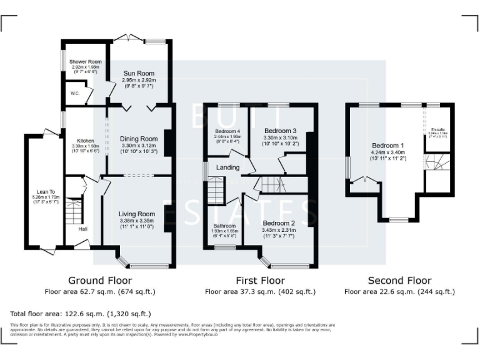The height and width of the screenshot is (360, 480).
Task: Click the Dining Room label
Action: coord(139,139)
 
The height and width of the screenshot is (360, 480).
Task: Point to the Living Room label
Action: coord(137,214)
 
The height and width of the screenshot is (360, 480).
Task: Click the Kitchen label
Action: coord(86,141)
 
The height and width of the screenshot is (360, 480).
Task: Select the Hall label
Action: coord(82,229)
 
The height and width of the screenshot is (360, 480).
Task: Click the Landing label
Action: coord(227,167)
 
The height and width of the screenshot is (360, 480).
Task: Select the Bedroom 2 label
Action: coord(279,223)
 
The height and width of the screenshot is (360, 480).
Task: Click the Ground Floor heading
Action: coord(99,281)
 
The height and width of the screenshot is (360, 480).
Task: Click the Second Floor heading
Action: coord(399,281)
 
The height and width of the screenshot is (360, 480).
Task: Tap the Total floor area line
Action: coord(81,313)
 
